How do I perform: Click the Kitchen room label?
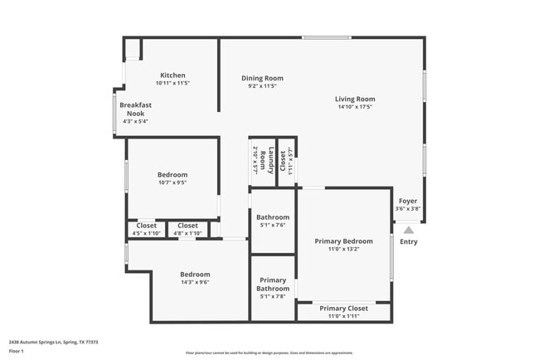click(x=172, y=75)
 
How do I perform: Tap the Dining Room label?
click(x=262, y=78)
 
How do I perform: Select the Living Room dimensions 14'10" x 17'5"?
click(x=355, y=107)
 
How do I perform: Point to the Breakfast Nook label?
click(x=134, y=109)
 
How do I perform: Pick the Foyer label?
click(x=407, y=201)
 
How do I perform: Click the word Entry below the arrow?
click(x=409, y=242)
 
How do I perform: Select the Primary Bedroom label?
click(x=343, y=241)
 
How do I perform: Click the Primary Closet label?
click(x=343, y=309)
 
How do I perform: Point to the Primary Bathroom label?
click(x=273, y=285)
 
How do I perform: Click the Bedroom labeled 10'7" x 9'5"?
click(x=172, y=175)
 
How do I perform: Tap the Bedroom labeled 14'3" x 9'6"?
click(x=195, y=274)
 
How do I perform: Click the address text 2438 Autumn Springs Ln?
click(x=53, y=342)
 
